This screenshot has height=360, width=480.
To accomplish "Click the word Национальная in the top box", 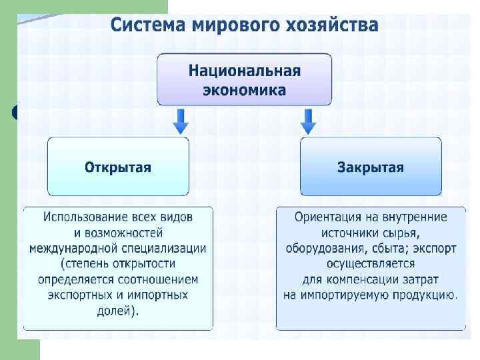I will [244, 71].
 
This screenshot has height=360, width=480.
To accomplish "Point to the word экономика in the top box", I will [244, 89].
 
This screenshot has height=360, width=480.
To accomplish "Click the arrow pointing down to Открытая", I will [181, 121].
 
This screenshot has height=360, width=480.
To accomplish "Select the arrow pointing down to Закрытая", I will [307, 121].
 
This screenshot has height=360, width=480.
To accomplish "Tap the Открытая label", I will [118, 167].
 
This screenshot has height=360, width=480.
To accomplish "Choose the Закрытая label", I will [371, 167].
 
